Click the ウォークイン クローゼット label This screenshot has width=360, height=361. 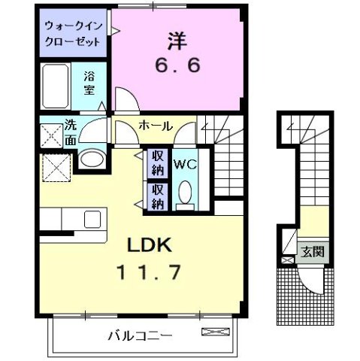[73, 31]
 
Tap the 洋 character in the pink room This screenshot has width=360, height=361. [177, 39]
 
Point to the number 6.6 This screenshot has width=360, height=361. [178, 66]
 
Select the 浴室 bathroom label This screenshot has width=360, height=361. [89, 82]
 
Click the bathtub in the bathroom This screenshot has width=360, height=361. [56, 85]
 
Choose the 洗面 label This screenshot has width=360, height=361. [70, 132]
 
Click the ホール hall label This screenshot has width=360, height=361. [156, 126]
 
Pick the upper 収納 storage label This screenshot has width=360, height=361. [158, 163]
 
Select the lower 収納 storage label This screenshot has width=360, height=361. [158, 196]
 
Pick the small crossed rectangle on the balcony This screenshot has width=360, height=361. [212, 332]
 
